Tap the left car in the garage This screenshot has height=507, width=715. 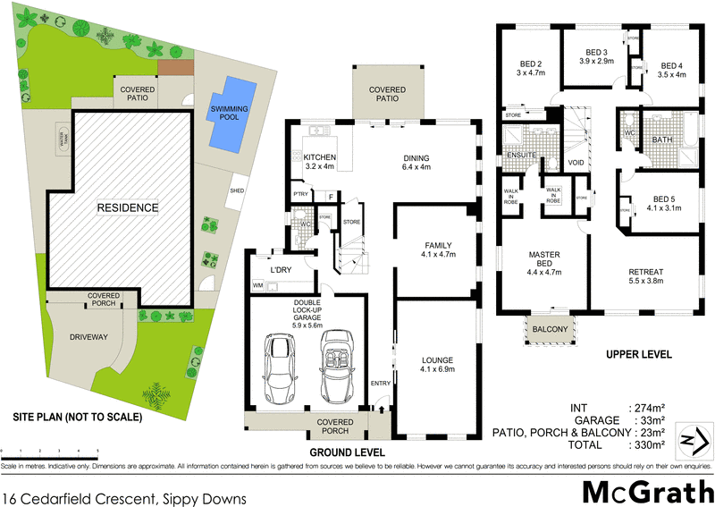pyautogui.click(x=278, y=368)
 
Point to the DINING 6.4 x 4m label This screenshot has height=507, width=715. pyautogui.click(x=416, y=162)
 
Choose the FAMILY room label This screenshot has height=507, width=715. pyautogui.click(x=438, y=249)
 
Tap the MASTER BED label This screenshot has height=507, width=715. pyautogui.click(x=543, y=260)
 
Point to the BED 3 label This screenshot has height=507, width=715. pyautogui.click(x=596, y=56)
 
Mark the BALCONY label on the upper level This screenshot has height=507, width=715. pyautogui.click(x=550, y=331)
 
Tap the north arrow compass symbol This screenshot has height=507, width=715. pyautogui.click(x=694, y=439)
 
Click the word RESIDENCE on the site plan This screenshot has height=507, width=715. pyautogui.click(x=128, y=207)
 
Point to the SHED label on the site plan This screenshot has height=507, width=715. pyautogui.click(x=237, y=190)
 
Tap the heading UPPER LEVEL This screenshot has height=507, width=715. pyautogui.click(x=638, y=355)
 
